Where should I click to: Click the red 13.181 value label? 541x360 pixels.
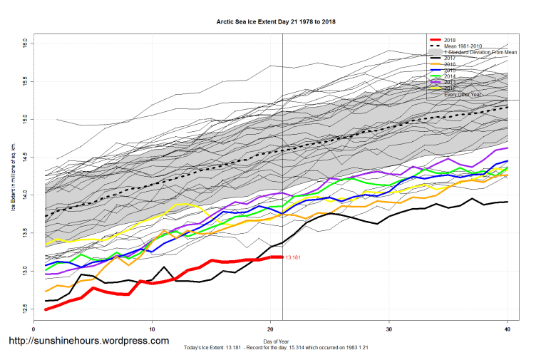point(294,257)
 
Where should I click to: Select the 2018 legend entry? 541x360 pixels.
point(450,39)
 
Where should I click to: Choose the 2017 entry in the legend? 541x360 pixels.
point(450,58)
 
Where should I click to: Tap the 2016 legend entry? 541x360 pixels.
point(450,65)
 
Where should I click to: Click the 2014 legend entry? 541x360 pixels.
point(450,76)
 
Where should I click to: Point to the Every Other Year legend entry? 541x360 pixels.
point(461,95)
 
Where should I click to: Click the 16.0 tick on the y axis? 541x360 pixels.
point(24,43)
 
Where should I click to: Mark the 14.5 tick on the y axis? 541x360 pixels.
point(24,156)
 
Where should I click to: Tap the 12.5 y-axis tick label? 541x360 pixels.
point(24,307)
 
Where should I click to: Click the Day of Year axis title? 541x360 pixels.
point(270,342)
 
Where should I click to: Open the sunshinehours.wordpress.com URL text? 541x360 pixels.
point(88,341)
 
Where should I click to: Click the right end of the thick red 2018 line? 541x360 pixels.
point(282,257)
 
